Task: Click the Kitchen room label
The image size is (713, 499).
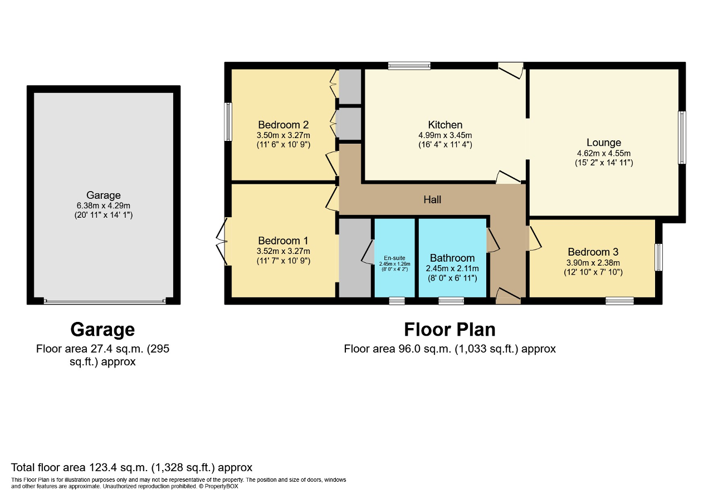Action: tap(445, 125)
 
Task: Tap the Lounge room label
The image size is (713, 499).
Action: tap(603, 143)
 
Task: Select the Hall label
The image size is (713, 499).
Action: tap(432, 199)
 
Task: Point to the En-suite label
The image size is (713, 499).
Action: tap(394, 257)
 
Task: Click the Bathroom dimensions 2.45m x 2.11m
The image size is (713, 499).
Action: tap(452, 268)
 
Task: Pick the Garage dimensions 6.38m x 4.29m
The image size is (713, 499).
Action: tap(104, 205)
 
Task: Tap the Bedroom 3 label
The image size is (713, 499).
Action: tap(593, 252)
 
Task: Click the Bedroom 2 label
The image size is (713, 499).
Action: tap(283, 125)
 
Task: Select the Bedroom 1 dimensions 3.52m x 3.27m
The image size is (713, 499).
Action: tap(283, 251)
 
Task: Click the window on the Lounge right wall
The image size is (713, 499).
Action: tap(682, 138)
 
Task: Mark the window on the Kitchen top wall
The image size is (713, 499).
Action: tap(409, 66)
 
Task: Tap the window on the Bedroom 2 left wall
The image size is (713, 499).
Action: tap(228, 122)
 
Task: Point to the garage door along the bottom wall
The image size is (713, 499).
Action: tap(104, 301)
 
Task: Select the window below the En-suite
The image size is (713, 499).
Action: tap(397, 301)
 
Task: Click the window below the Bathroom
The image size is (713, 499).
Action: tap(451, 301)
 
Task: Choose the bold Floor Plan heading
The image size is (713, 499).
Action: tap(450, 329)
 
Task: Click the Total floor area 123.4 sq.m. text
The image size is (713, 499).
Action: tap(132, 467)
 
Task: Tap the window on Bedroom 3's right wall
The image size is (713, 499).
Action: tap(658, 257)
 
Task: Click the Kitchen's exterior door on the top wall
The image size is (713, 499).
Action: tap(511, 69)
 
